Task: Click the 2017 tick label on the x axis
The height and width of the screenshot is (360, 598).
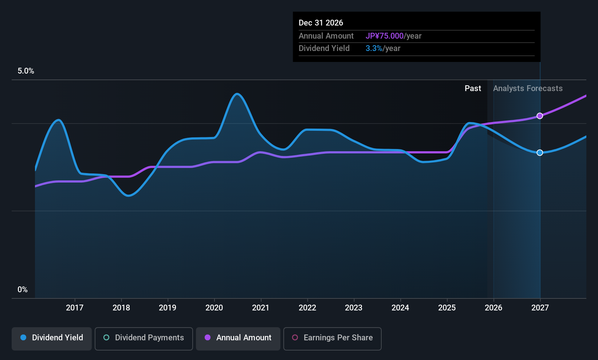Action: point(75,308)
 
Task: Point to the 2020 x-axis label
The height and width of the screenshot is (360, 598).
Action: point(214,308)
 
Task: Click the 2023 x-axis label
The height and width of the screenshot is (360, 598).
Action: point(354,308)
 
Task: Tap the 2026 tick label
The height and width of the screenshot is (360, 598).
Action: point(493,308)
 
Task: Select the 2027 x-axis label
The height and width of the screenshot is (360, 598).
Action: point(540,308)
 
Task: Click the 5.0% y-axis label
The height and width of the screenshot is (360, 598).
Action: point(26,71)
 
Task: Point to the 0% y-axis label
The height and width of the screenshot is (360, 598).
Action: point(23,290)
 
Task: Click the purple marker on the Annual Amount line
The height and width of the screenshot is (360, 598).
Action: point(540,116)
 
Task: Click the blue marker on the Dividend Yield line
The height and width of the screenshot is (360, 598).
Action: point(540,153)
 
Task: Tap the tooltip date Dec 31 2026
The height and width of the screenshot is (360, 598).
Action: point(321,23)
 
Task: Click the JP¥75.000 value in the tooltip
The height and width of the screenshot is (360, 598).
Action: point(384,36)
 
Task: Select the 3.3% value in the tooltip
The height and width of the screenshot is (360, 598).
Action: point(374,48)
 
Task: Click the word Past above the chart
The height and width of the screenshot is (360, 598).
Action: point(473,89)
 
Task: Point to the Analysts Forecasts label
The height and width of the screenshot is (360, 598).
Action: point(528,89)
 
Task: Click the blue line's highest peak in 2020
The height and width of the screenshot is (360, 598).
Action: point(237,94)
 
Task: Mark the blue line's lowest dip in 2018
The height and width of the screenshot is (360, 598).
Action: point(128,196)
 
